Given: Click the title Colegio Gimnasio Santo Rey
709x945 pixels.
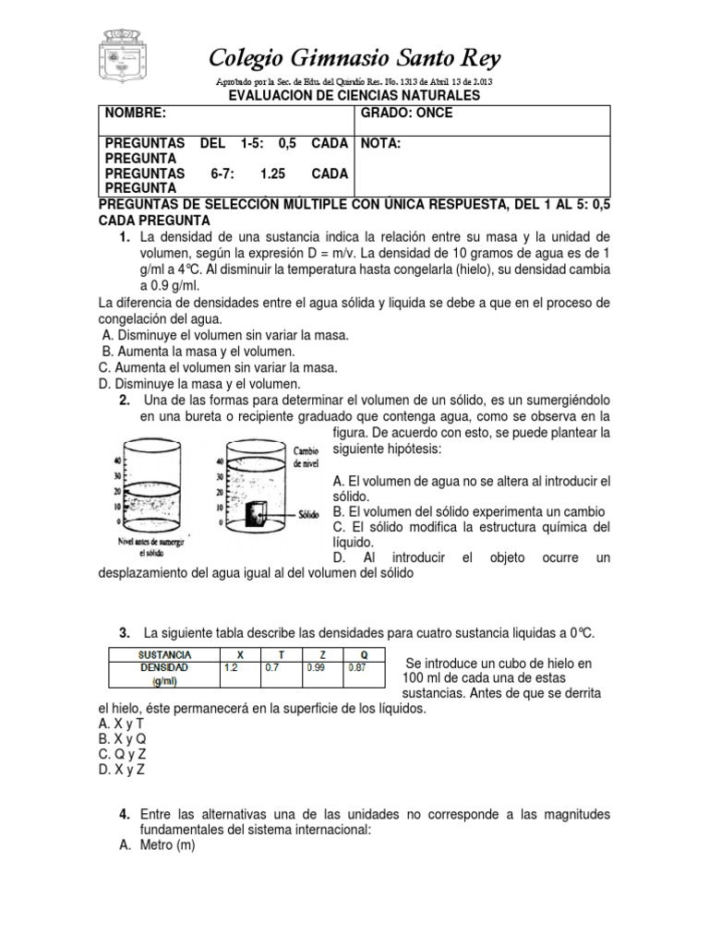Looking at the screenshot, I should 355,60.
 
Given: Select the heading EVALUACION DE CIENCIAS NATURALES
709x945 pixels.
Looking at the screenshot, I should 354,96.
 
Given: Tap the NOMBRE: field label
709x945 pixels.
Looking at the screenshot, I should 136,114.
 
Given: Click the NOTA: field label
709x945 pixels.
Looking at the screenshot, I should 380,144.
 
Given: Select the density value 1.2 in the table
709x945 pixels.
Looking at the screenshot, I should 232,666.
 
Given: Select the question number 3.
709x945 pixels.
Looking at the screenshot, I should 124,633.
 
